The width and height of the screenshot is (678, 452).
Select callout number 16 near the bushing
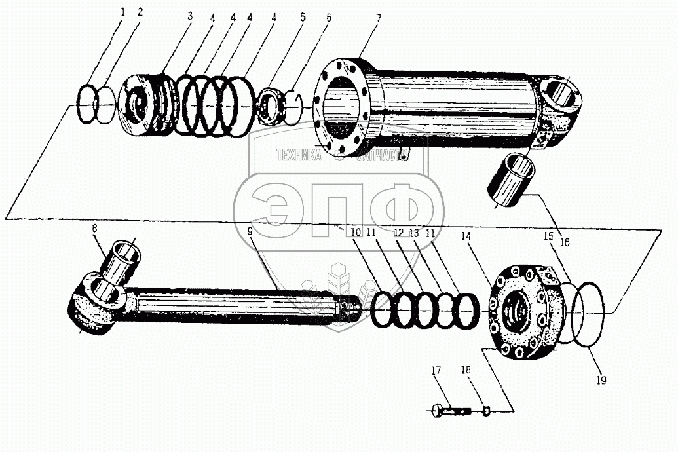(x=565, y=242)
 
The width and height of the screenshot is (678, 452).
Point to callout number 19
(x=602, y=379)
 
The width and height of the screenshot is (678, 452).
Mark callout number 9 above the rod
(x=250, y=231)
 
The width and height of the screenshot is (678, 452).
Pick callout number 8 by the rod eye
(x=95, y=229)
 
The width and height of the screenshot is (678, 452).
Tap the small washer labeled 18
(x=486, y=411)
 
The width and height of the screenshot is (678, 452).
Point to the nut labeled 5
(x=269, y=105)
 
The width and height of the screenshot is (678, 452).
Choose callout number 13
(x=414, y=233)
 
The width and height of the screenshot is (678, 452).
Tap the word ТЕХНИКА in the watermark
(x=299, y=155)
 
